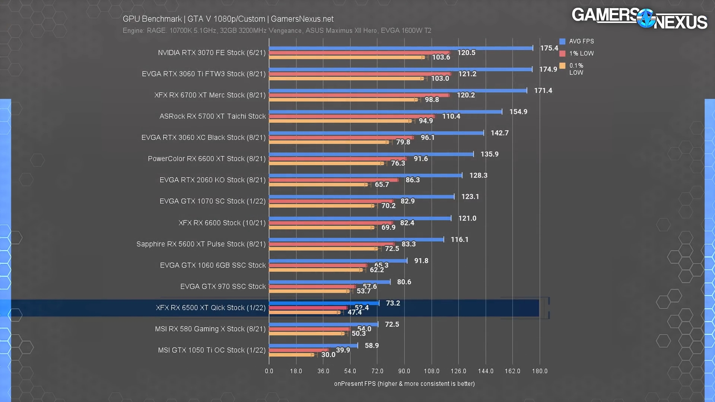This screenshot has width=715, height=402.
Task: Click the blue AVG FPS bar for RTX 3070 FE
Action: pyautogui.click(x=401, y=48)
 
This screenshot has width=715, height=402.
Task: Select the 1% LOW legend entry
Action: pyautogui.click(x=577, y=54)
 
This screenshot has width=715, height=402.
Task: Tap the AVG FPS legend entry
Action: pyautogui.click(x=577, y=41)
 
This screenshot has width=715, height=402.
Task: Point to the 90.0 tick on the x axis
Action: pyautogui.click(x=404, y=371)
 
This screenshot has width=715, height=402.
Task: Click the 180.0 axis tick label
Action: pyautogui.click(x=540, y=371)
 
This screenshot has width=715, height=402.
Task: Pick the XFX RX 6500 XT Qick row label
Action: pyautogui.click(x=211, y=308)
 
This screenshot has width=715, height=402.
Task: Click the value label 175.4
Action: pyautogui.click(x=549, y=48)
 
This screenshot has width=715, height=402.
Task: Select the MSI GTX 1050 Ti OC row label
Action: pyautogui.click(x=212, y=350)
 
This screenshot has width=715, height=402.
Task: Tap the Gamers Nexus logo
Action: pyautogui.click(x=639, y=19)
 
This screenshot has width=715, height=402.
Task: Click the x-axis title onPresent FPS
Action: pyautogui.click(x=404, y=384)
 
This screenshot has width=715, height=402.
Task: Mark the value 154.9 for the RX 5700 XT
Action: pyautogui.click(x=518, y=112)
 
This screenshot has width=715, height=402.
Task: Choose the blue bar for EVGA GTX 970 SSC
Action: pyautogui.click(x=330, y=282)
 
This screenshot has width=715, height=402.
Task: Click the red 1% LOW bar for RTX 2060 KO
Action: pyautogui.click(x=334, y=180)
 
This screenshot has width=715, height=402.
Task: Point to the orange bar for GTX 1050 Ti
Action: pyautogui.click(x=291, y=355)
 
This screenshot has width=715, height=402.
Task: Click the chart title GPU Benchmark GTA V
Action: pyautogui.click(x=228, y=19)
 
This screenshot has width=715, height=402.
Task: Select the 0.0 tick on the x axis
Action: pyautogui.click(x=269, y=371)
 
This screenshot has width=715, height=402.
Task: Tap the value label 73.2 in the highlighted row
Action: pyautogui.click(x=393, y=303)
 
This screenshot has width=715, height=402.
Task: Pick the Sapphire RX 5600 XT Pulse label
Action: pyautogui.click(x=201, y=244)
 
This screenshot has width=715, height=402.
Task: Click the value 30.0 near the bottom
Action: pyautogui.click(x=328, y=355)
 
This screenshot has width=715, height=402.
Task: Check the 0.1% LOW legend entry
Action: pyautogui.click(x=576, y=69)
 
